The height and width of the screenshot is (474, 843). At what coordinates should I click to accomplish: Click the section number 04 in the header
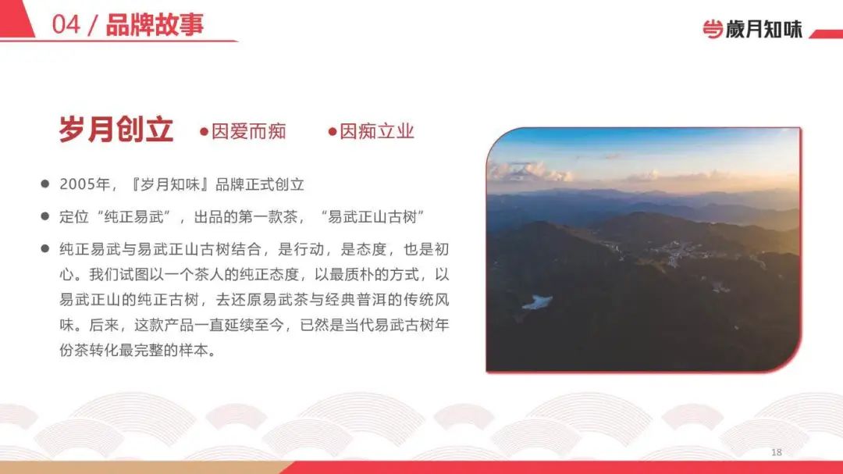[x=66, y=25]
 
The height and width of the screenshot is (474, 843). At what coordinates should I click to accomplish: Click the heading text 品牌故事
[x=155, y=25]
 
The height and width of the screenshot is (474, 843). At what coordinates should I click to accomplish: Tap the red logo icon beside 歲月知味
[x=713, y=29]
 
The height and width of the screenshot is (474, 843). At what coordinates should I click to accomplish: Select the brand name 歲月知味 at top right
[x=764, y=29]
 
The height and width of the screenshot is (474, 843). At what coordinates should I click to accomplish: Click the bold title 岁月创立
[x=116, y=130]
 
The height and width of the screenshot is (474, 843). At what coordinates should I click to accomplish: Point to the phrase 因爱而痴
[x=248, y=131]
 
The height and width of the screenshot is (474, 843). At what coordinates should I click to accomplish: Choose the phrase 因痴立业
[x=377, y=131]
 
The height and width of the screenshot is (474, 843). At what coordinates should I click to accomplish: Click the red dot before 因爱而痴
[x=204, y=131]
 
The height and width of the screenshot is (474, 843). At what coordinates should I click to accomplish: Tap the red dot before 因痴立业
[x=333, y=131]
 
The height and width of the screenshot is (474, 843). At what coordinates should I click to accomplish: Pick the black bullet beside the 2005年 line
[x=45, y=184]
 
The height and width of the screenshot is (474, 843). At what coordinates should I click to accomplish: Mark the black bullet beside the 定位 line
[x=45, y=216]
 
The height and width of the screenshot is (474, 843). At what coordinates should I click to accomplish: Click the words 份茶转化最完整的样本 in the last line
[x=133, y=351]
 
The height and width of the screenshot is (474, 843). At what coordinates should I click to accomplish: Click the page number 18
[x=777, y=452]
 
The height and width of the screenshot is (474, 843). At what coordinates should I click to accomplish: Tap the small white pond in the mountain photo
[x=537, y=302]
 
